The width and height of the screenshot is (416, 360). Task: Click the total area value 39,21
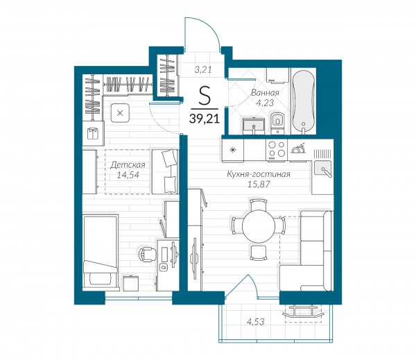pyautogui.click(x=205, y=118)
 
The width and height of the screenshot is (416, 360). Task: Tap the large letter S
pyautogui.click(x=205, y=96)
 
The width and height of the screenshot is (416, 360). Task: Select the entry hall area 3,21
pyautogui.click(x=203, y=69)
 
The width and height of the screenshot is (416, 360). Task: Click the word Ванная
pyautogui.click(x=265, y=93)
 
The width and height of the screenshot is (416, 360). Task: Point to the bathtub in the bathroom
pyautogui.click(x=304, y=101)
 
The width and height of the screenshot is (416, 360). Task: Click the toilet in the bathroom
pyautogui.click(x=277, y=123)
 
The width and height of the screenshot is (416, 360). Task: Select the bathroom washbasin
pyautogui.click(x=254, y=126)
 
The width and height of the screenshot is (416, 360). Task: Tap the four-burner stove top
pyautogui.click(x=276, y=150)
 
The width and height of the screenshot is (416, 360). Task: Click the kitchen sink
pyautogui.click(x=322, y=169)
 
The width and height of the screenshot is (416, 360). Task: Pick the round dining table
pyautogui.click(x=259, y=226)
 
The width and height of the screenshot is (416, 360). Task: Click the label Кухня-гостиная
pyautogui.click(x=259, y=174)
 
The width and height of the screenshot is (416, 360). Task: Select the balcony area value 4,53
pyautogui.click(x=255, y=322)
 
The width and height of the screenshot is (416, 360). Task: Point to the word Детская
pyautogui.click(x=128, y=165)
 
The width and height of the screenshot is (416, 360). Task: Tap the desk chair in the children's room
pyautogui.click(x=148, y=254)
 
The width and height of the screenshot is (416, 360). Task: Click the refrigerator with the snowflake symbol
pyautogui.click(x=233, y=151)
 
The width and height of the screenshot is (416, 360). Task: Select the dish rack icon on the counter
pyautogui.click(x=298, y=148)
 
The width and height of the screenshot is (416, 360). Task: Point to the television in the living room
pyautogui.click(x=195, y=258)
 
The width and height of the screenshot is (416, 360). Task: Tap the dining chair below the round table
pyautogui.click(x=258, y=252)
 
